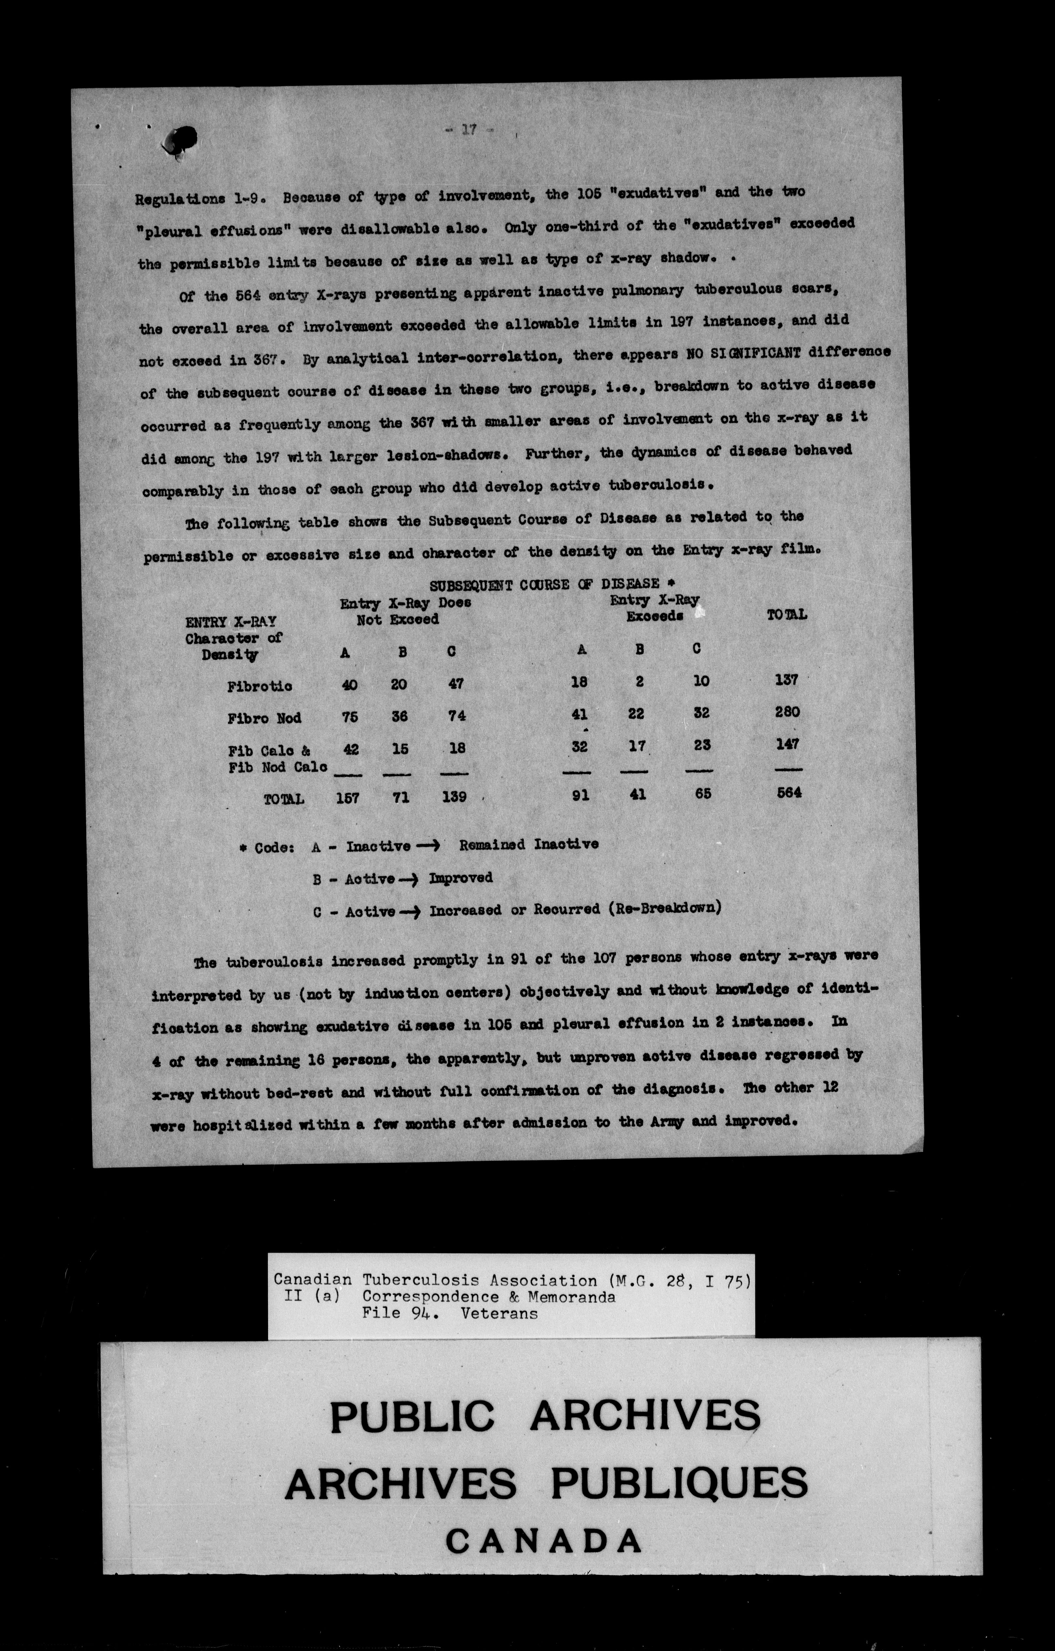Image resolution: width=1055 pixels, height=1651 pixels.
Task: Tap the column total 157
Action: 348,797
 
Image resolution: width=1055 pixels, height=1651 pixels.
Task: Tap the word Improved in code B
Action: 461,878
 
